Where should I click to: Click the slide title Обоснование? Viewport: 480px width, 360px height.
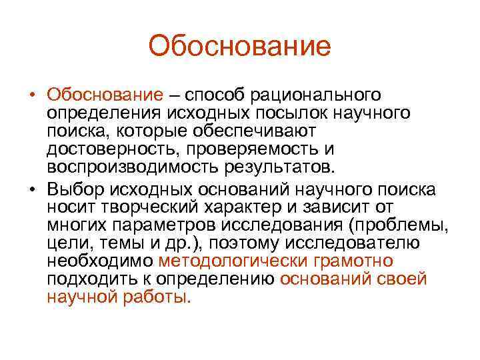(239, 46)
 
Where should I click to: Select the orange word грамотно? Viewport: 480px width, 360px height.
(351, 260)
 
